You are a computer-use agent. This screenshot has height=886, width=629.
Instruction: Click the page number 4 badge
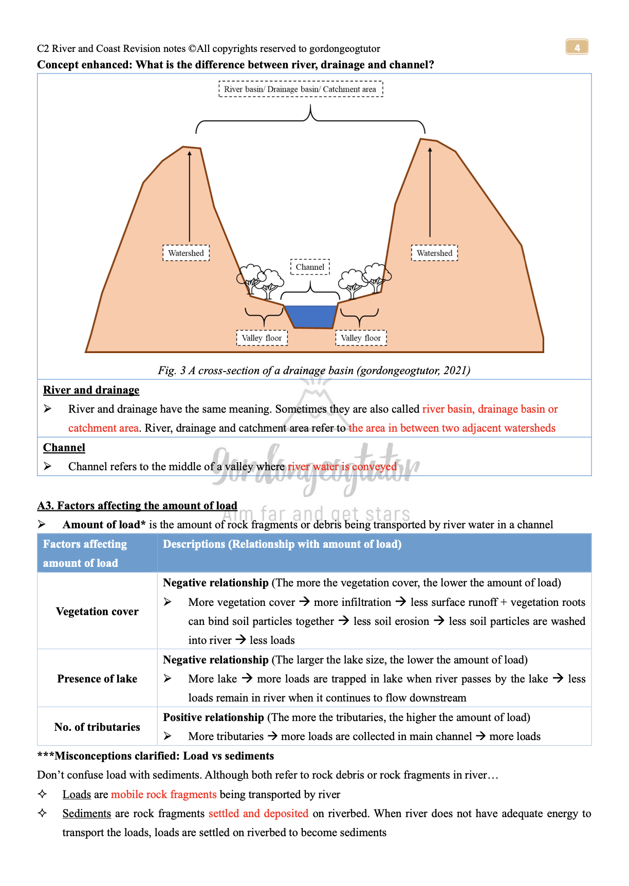[x=577, y=47]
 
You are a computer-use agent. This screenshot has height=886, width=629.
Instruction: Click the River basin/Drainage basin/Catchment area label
[x=301, y=89]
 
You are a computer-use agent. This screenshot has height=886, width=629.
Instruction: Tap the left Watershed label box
[x=186, y=253]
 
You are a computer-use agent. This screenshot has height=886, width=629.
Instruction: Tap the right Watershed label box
[x=434, y=253]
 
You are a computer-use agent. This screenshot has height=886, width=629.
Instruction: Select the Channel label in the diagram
[x=310, y=267]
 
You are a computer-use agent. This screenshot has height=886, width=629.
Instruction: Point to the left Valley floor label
[x=262, y=338]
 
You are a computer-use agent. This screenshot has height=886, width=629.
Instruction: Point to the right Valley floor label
[x=361, y=338]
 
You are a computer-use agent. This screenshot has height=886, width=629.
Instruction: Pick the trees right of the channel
[x=364, y=279]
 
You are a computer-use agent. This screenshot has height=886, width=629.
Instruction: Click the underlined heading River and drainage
[x=91, y=390]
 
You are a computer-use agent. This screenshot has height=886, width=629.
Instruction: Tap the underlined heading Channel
[x=64, y=448]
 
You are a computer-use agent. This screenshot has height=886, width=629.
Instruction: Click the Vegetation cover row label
[x=97, y=612]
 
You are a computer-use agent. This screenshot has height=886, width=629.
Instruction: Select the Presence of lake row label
[x=97, y=679]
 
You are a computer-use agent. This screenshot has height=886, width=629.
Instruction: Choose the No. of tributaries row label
[x=97, y=727]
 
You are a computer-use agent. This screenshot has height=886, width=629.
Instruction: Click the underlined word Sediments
[x=87, y=814]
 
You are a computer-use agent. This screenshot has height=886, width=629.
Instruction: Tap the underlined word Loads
[x=77, y=795]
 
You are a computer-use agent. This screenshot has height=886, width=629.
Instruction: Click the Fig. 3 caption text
[x=314, y=371]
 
